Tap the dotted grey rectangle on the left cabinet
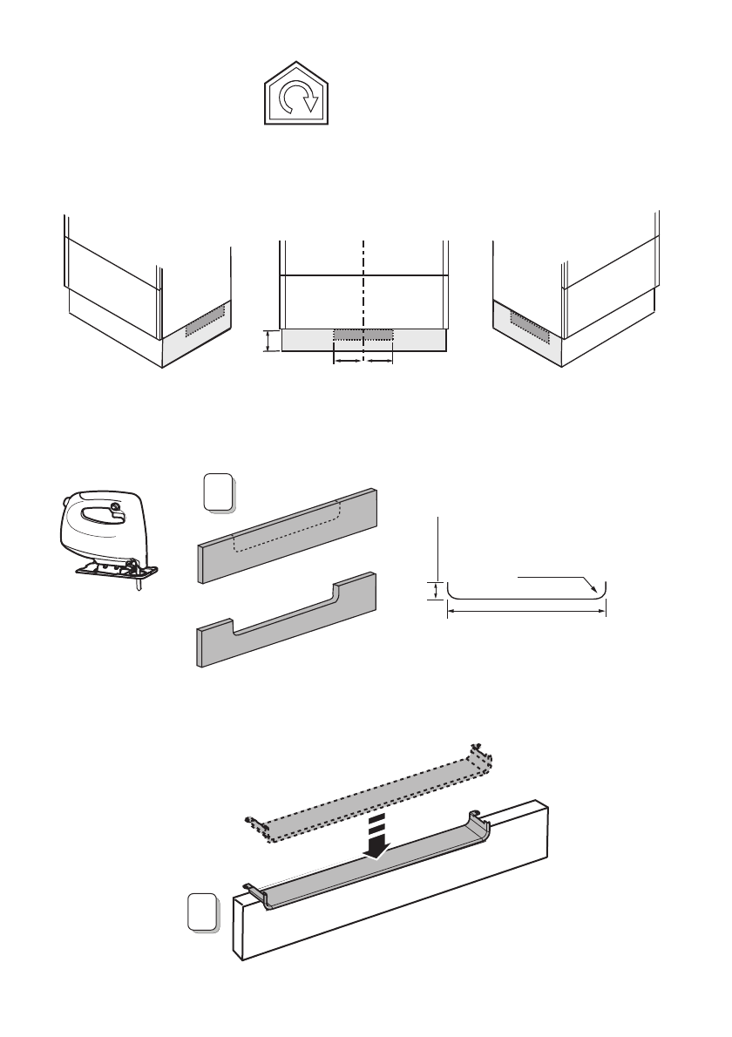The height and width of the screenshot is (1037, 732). pos(206,319)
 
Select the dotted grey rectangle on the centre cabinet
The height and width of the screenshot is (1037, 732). pos(363,335)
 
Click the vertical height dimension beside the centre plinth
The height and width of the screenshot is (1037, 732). pos(268,341)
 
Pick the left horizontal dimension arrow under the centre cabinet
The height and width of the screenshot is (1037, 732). pos(348,360)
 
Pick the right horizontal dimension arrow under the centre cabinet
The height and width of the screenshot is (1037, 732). pos(378,360)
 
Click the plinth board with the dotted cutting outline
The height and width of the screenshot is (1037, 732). pos(288,532)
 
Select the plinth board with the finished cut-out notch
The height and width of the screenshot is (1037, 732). pos(288,621)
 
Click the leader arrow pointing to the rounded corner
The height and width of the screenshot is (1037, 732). pos(558,579)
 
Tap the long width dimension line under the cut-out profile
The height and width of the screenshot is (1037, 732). pos(525,612)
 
